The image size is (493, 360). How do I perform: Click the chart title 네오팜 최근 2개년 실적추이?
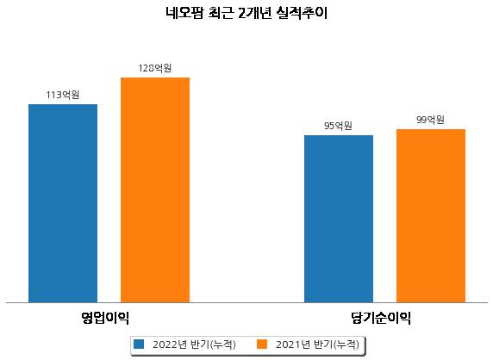pos(246,14)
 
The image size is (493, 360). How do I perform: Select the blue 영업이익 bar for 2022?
pos(63,203)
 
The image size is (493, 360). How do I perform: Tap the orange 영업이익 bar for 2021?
pos(155,190)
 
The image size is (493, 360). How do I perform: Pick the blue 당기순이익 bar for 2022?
pos(339,219)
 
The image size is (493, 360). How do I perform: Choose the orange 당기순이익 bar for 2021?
pos(431,216)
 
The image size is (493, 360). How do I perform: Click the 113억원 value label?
pos(63,95)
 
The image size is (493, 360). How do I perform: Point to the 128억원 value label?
pos(155,68)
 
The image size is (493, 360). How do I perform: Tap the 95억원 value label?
pos(339,126)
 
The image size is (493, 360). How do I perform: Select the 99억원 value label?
pos(430,120)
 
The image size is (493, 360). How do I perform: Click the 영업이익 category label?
pos(104,318)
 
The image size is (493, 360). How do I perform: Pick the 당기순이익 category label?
pos(381,318)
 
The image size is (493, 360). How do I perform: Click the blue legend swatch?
pos(139,344)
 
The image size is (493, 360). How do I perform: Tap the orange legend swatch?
pos(262,344)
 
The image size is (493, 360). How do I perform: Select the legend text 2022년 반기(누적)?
pos(194,344)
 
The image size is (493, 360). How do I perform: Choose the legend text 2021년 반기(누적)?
pos(317,344)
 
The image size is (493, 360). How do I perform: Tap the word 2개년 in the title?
pos(254,14)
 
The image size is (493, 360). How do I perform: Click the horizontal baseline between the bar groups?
pos(246,303)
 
